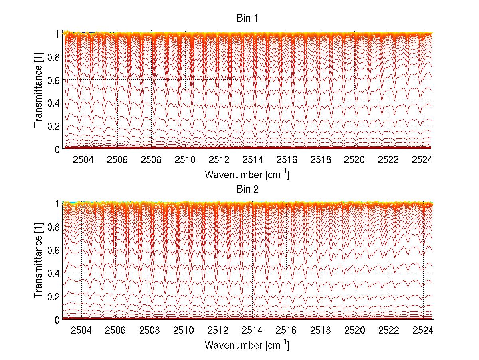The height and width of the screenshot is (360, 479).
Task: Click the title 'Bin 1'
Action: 246,18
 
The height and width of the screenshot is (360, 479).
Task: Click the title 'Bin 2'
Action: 246,189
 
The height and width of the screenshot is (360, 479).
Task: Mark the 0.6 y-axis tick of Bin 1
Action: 53,80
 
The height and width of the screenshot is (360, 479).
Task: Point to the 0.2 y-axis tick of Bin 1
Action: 53,126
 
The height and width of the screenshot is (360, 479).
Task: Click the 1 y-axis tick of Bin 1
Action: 57,34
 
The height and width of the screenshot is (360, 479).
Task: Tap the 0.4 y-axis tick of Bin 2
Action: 53,273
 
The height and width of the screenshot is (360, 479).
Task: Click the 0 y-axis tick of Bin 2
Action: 57,320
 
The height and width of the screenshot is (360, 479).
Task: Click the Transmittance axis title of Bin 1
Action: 38,91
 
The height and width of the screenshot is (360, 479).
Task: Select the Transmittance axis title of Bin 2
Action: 38,262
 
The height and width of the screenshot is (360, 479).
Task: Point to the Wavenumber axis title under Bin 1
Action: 247,174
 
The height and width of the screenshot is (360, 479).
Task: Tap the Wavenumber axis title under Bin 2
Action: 247,345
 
